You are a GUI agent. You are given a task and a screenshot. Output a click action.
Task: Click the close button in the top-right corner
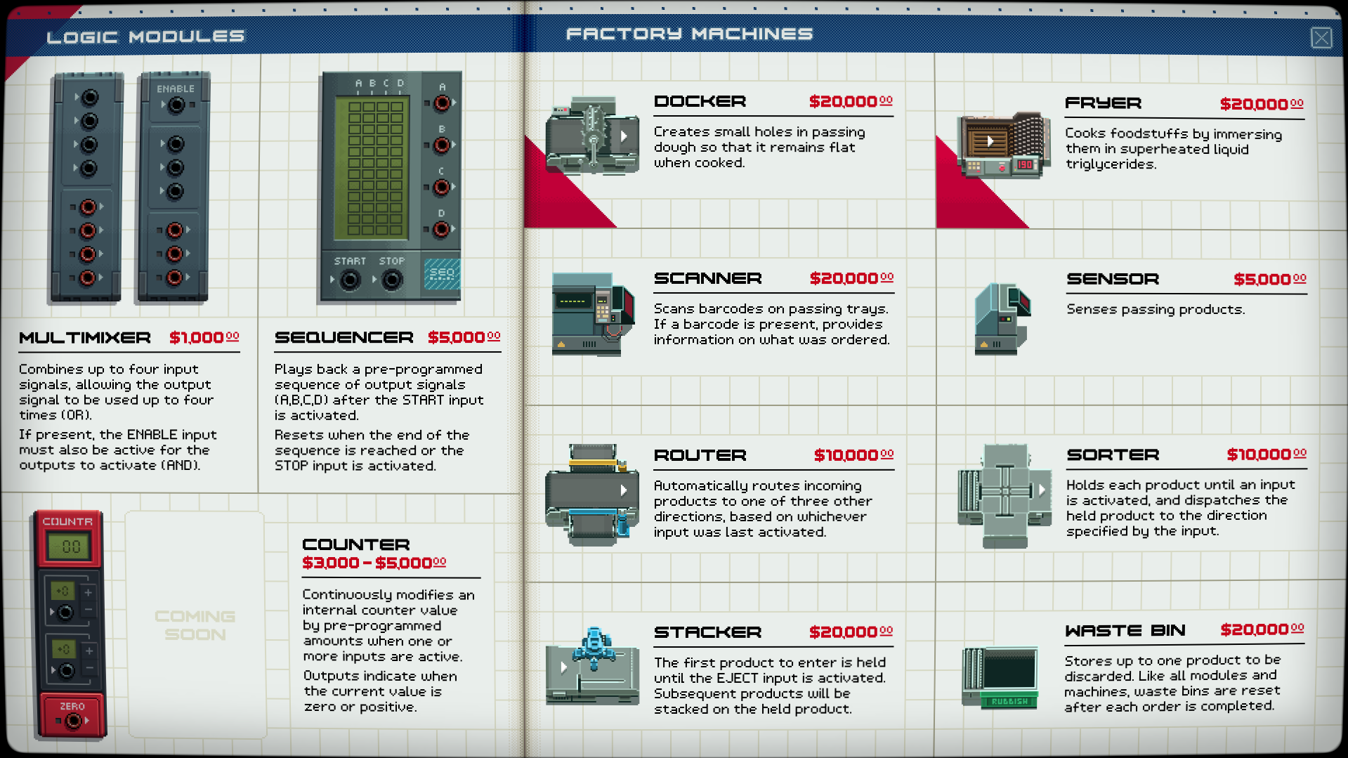coord(1321,37)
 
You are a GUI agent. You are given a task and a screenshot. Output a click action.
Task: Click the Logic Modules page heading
coord(145,37)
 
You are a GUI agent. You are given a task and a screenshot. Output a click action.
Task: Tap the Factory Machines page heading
coord(689,34)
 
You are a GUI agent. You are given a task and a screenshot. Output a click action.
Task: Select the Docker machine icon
coord(592,136)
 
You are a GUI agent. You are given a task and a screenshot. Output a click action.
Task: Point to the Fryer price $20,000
coord(1262,104)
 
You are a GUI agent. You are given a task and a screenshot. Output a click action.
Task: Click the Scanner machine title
coord(707,278)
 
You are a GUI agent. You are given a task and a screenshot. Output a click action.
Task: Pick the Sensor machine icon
coord(1002,318)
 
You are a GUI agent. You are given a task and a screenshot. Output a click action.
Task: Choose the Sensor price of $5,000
coord(1270,279)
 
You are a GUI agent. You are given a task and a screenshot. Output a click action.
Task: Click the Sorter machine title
coord(1113,455)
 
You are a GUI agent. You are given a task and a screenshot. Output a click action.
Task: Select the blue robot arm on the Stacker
coord(594,647)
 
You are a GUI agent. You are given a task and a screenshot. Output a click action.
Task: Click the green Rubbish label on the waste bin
coord(1009,701)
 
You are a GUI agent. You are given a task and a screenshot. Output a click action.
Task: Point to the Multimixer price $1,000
coord(204,337)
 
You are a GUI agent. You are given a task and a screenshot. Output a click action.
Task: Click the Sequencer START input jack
coord(350,280)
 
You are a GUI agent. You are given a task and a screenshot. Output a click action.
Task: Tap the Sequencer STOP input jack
coord(392,280)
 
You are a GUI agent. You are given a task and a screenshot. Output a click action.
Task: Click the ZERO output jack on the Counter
coord(72,721)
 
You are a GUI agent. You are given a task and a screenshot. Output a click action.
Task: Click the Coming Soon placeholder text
coord(195,625)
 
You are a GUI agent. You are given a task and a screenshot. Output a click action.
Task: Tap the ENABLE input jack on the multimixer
coord(176,105)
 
